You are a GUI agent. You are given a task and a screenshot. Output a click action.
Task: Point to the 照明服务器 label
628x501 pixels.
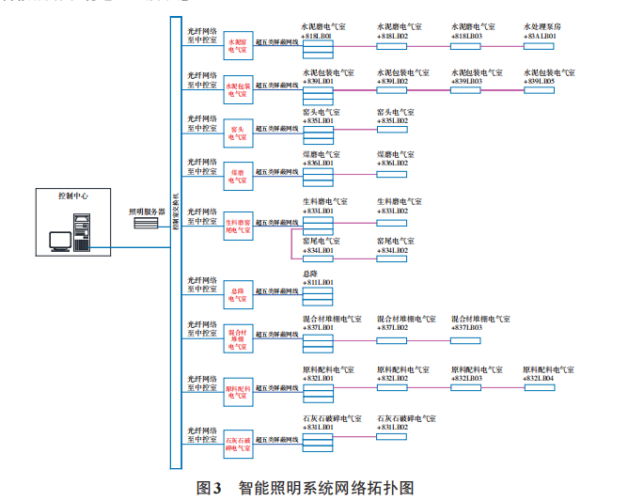point(146,212)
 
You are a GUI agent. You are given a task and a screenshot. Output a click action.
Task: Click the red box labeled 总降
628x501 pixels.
point(239,292)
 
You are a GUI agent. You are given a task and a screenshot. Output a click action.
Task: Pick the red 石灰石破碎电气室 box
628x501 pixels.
point(239,445)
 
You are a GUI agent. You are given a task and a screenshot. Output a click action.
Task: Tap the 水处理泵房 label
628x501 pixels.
point(542,27)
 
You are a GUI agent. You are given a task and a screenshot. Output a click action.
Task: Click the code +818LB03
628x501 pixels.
point(467,36)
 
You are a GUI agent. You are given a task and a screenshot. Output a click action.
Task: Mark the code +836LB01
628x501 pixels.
point(318,164)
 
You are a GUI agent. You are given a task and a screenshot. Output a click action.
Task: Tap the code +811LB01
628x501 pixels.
point(318,282)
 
